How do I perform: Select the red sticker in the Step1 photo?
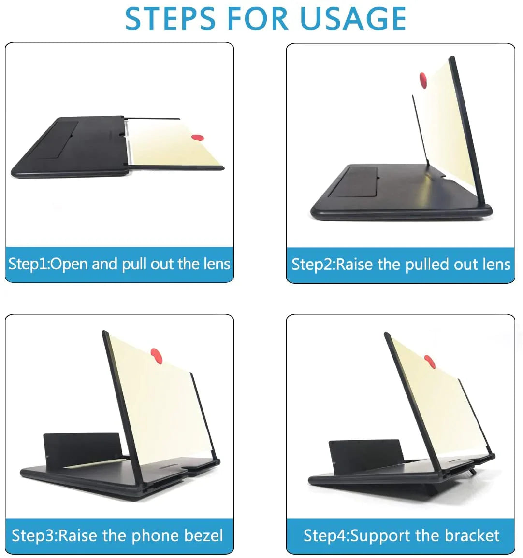(197, 138)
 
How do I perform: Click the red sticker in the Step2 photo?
(424, 80)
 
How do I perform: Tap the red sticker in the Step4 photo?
(429, 361)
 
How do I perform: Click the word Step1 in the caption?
(28, 264)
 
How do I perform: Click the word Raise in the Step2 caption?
(355, 265)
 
